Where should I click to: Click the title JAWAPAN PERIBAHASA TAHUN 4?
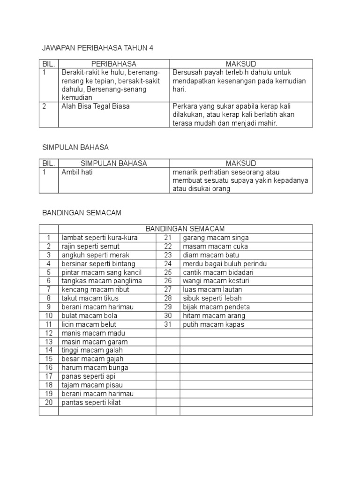point(98,48)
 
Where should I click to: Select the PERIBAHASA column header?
point(113,64)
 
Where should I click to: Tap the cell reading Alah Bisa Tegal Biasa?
point(96,106)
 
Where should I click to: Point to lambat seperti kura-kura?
point(99,238)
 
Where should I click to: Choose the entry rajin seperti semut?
point(90,246)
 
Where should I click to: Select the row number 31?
point(168,324)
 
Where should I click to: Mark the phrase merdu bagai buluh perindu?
point(225,263)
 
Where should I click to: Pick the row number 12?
point(49,333)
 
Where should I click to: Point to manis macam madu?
point(89,333)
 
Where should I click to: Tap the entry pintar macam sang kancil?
point(101,272)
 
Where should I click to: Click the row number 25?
point(168,272)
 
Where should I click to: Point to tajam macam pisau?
point(90,385)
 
